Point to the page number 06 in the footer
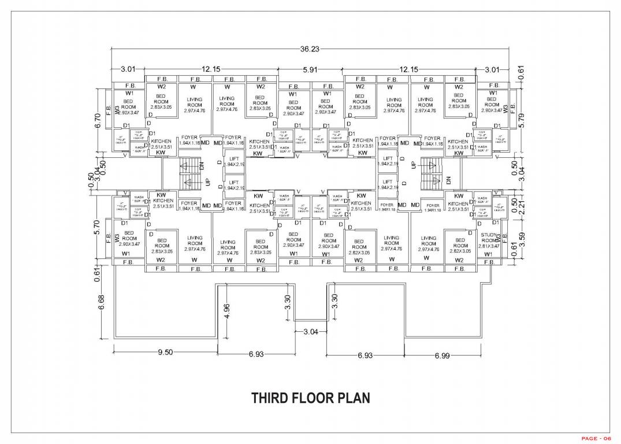(605, 438)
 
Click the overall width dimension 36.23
(310, 50)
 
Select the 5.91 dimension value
(311, 69)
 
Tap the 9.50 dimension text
(165, 353)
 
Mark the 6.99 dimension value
(442, 356)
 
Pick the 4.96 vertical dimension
(227, 311)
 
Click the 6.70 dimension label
(98, 121)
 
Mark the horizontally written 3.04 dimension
(310, 332)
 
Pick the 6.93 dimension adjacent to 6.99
(365, 356)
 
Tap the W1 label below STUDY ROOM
(488, 254)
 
